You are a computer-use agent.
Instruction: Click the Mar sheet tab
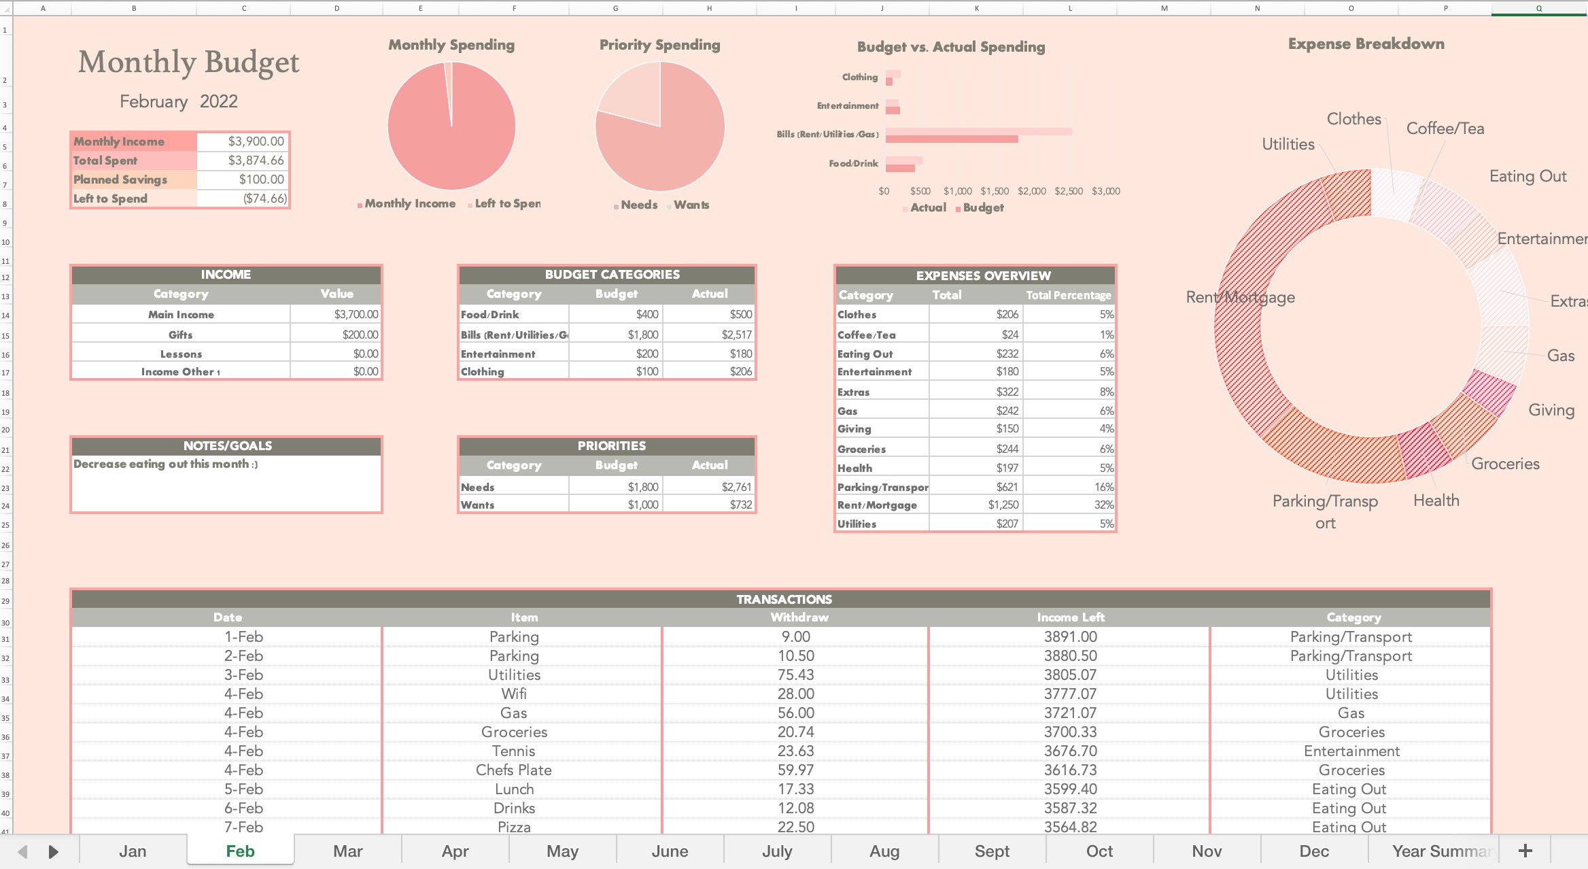pyautogui.click(x=347, y=851)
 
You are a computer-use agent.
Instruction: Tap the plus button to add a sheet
pyautogui.click(x=1525, y=851)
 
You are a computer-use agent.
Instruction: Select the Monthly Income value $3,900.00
pyautogui.click(x=256, y=141)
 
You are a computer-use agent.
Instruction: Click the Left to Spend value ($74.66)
pyautogui.click(x=264, y=199)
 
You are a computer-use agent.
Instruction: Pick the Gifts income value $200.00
pyautogui.click(x=360, y=335)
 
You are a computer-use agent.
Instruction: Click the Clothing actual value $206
pyautogui.click(x=740, y=371)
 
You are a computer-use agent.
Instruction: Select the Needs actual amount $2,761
pyautogui.click(x=736, y=487)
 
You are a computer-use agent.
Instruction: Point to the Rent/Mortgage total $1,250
pyautogui.click(x=1003, y=505)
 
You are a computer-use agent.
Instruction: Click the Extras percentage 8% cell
pyautogui.click(x=1106, y=392)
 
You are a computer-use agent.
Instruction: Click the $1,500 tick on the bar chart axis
pyautogui.click(x=994, y=191)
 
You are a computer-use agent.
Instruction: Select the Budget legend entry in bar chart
pyautogui.click(x=982, y=207)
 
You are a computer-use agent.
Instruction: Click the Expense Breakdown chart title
pyautogui.click(x=1366, y=44)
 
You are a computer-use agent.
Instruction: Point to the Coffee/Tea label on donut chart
pyautogui.click(x=1445, y=129)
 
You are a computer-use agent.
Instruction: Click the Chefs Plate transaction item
pyautogui.click(x=513, y=770)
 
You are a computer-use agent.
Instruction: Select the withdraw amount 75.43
pyautogui.click(x=795, y=675)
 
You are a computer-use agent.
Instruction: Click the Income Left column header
pyautogui.click(x=1070, y=617)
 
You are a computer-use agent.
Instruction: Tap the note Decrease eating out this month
pyautogui.click(x=165, y=464)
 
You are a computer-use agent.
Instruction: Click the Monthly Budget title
pyautogui.click(x=188, y=63)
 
